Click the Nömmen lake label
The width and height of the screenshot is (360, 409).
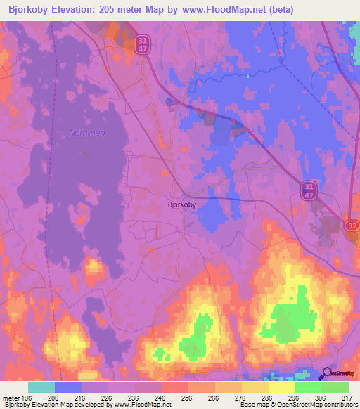[86, 132]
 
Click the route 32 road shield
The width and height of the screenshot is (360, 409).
[352, 223]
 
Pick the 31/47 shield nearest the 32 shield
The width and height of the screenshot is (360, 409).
[309, 189]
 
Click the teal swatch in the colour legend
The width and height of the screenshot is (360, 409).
[41, 387]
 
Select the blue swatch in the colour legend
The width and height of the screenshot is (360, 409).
[68, 387]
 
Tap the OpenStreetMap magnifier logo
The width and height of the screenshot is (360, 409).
[328, 374]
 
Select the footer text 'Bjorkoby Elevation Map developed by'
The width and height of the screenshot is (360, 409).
[49, 405]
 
